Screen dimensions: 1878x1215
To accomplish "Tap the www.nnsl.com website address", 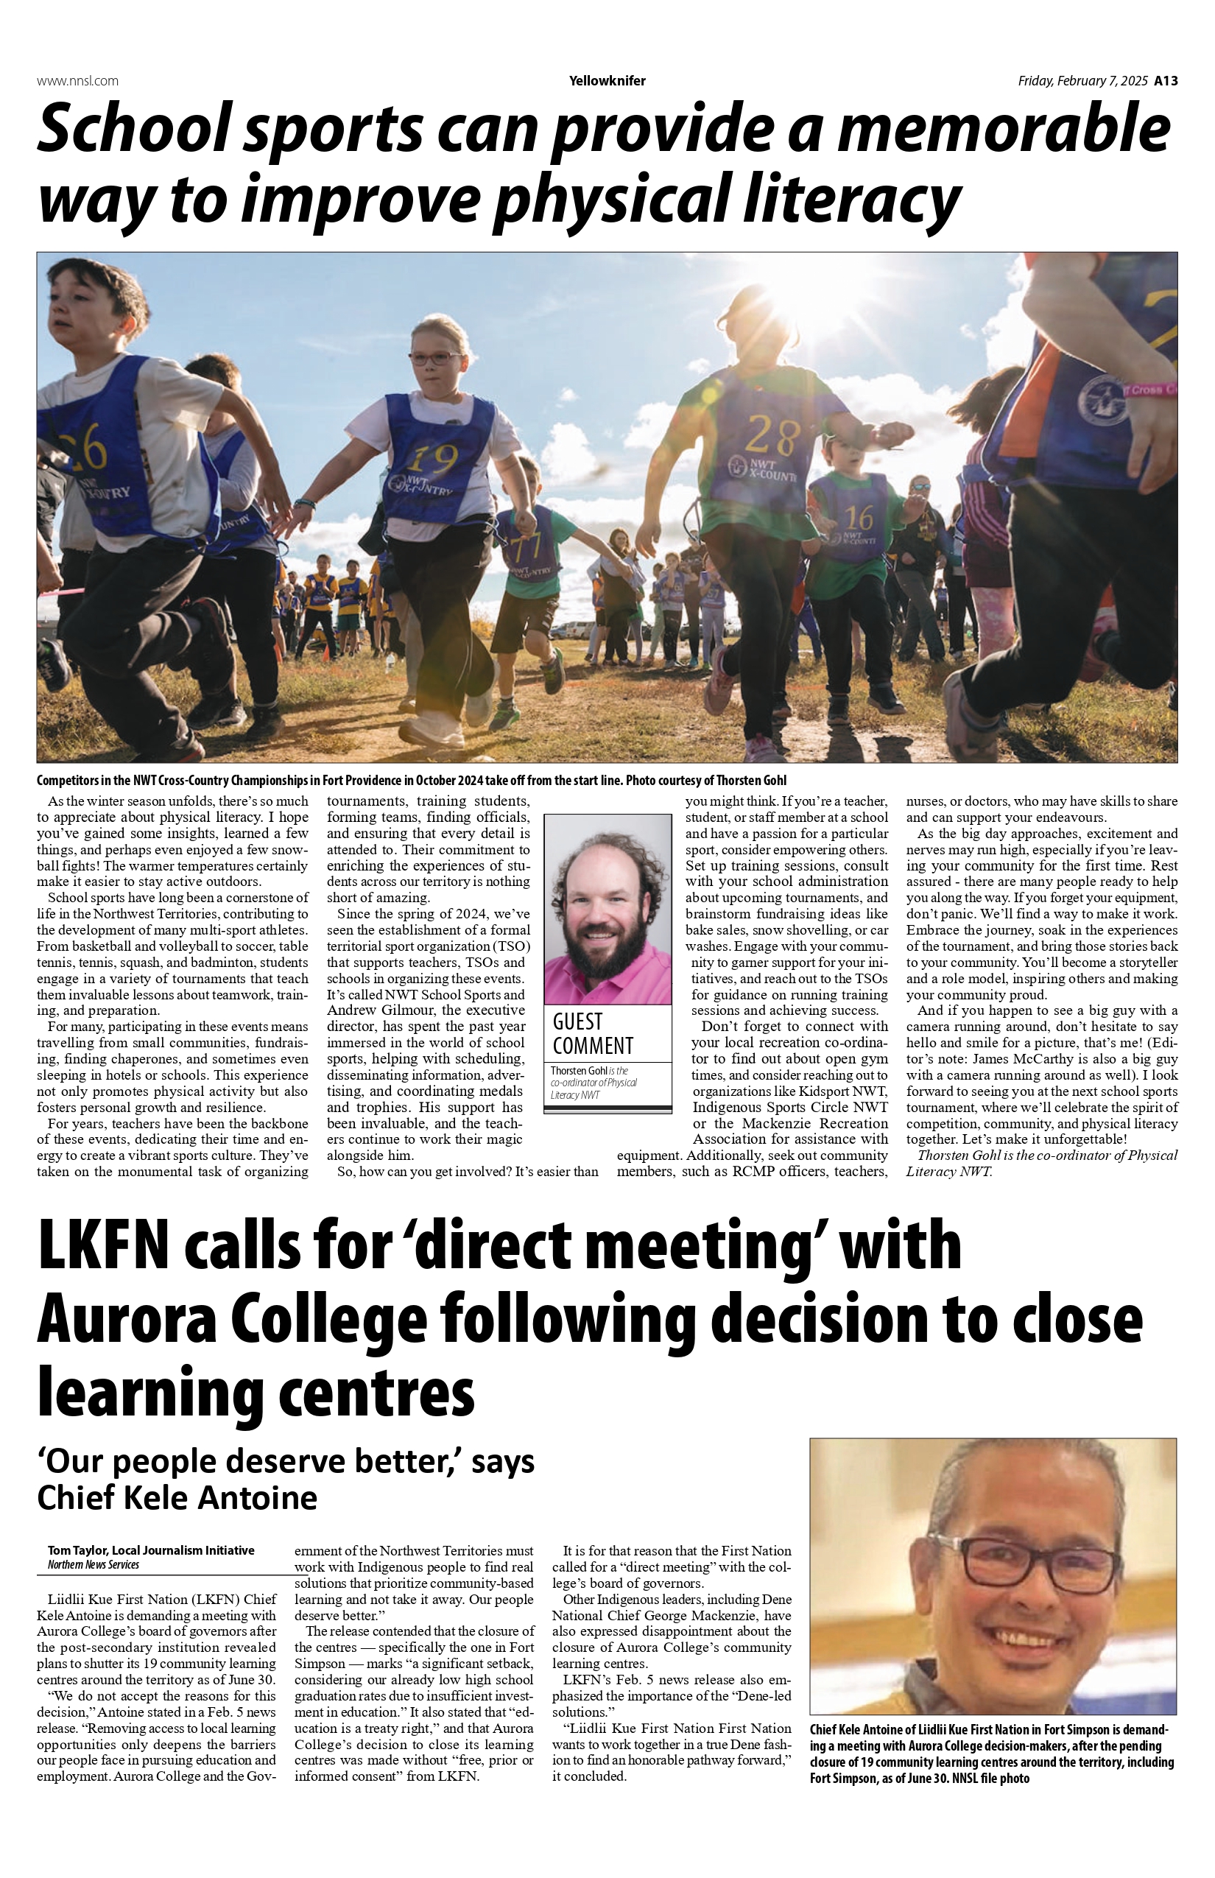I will coord(77,80).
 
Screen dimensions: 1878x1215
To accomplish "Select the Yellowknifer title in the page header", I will coord(607,80).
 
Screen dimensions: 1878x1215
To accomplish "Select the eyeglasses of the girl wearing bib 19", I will coord(434,357).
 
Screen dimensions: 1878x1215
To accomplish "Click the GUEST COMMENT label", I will coord(593,1034).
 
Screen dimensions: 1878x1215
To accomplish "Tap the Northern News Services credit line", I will coord(93,1565).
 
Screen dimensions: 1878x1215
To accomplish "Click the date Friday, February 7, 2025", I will coord(1082,80).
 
